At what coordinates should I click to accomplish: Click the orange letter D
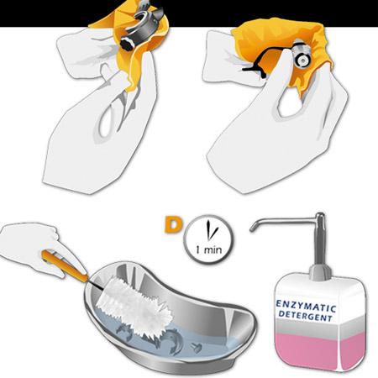point(172,224)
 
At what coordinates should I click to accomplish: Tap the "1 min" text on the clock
point(209,249)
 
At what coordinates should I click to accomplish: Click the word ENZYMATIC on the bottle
point(306,306)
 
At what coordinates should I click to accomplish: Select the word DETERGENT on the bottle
point(306,316)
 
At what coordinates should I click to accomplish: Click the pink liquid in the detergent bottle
point(321,350)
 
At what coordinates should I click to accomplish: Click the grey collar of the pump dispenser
point(320,272)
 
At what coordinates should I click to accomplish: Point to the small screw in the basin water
point(197,348)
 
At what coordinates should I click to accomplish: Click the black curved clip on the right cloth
point(259,66)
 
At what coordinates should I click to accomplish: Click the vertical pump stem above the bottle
point(319,238)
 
